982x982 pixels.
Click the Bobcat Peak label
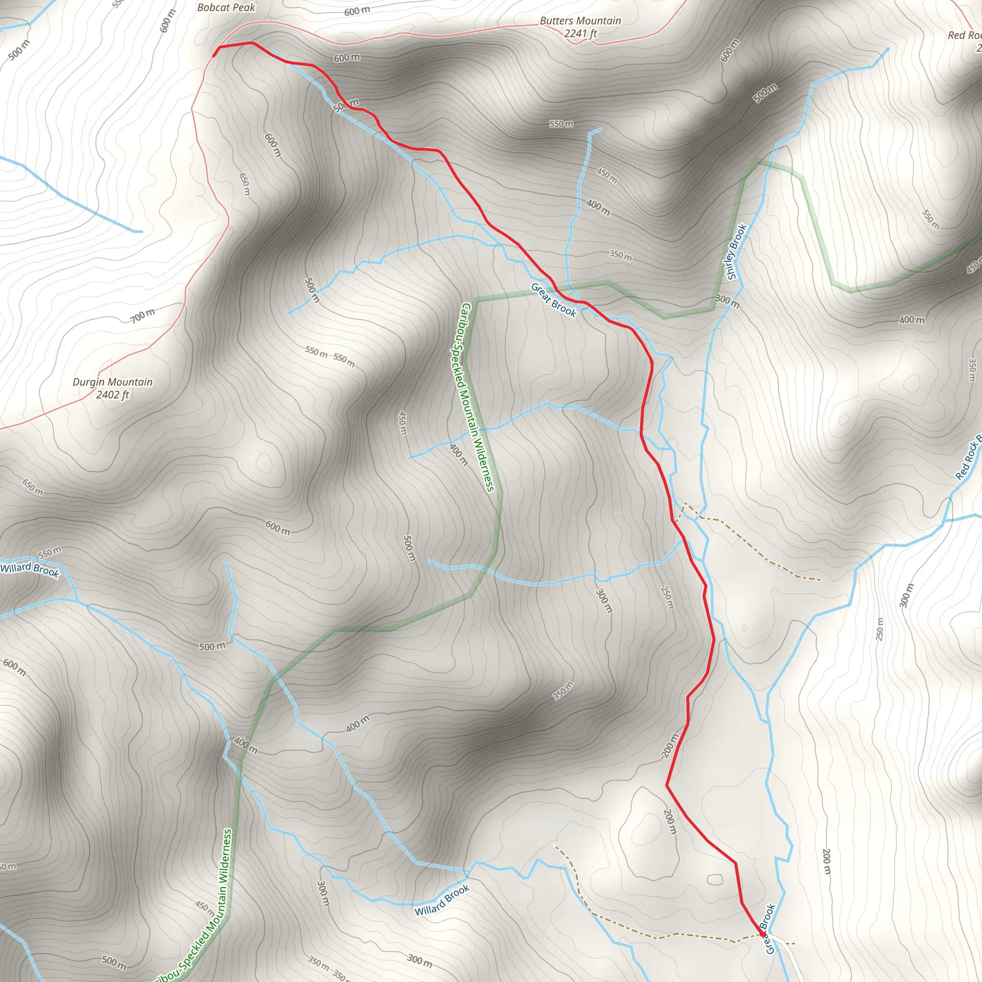pos(226,8)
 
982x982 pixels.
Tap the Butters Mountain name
pos(580,21)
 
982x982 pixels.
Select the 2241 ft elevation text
pos(581,34)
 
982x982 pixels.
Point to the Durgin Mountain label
pos(112,382)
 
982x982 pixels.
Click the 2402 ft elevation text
pos(113,395)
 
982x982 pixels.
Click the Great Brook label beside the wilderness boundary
pos(553,300)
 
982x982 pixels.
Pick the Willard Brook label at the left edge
pos(29,569)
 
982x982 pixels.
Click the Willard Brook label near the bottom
pos(442,900)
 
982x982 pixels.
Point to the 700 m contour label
pos(143,316)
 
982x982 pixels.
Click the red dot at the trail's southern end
pos(762,933)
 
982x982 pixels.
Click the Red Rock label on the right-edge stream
pos(968,457)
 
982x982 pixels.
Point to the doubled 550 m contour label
pos(330,356)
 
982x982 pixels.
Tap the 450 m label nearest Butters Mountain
pos(607,175)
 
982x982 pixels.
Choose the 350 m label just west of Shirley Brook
pos(620,255)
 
